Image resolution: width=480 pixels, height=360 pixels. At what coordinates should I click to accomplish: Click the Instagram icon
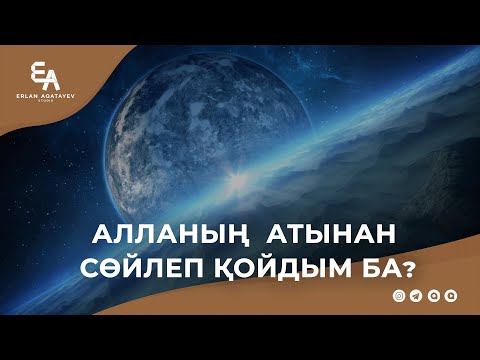click(399, 297)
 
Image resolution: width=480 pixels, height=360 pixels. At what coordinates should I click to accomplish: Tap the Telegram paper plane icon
click(416, 297)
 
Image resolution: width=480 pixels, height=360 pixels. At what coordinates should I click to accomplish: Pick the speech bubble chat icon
click(433, 297)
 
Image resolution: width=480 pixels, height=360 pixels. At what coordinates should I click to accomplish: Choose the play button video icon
click(450, 297)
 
